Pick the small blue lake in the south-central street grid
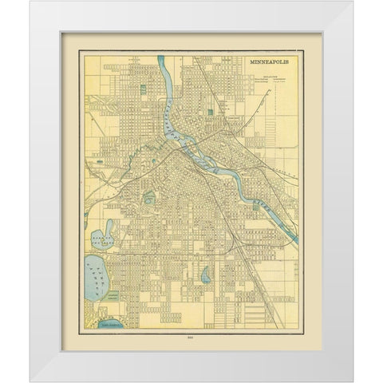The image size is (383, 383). click(x=206, y=276)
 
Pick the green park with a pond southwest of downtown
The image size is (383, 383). click(x=152, y=195)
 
